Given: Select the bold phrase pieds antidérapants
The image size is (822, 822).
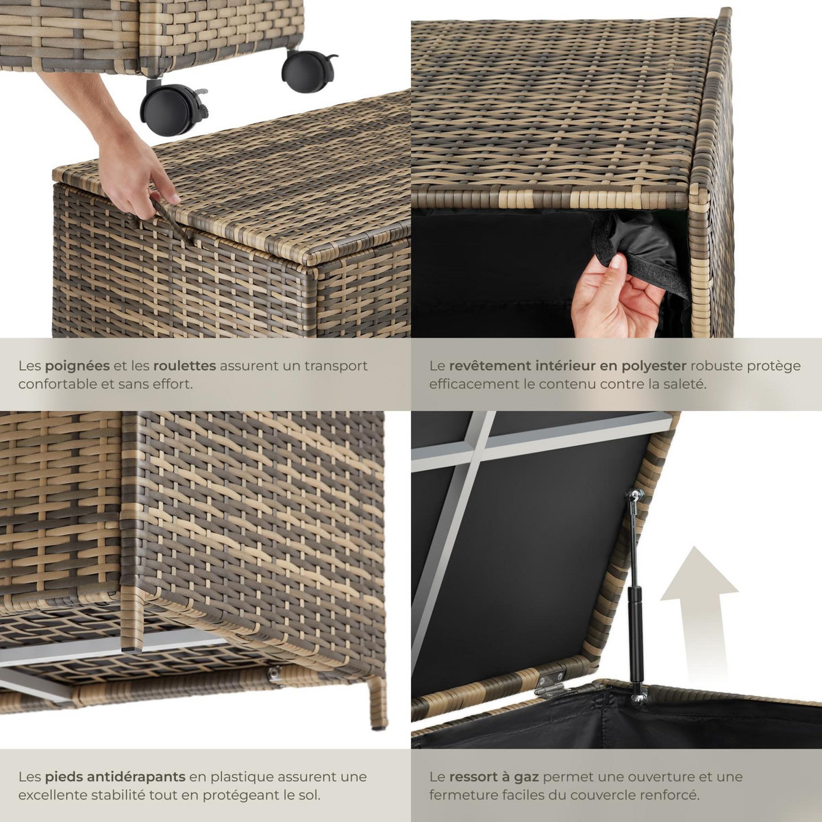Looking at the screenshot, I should coord(115,777).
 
